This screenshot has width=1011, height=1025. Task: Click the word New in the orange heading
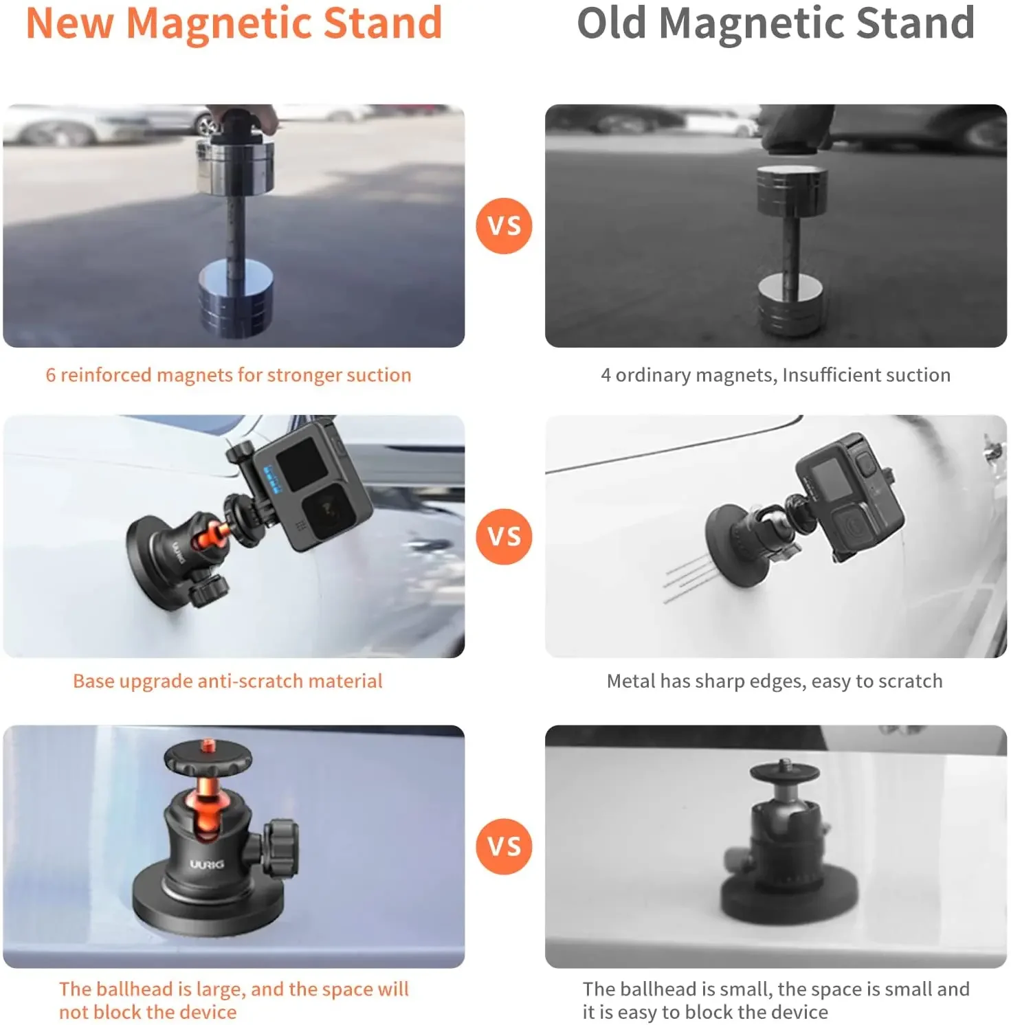point(69,23)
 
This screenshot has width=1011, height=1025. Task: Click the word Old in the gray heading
point(611,23)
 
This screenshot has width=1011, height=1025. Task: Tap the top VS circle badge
point(504,226)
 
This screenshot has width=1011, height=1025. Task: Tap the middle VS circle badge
point(504,537)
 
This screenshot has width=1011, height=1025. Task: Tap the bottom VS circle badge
point(504,846)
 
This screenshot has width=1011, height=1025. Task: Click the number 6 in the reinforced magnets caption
point(50,375)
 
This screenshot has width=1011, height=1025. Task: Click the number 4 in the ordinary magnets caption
point(606,375)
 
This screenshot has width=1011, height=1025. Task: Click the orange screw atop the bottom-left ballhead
point(207,744)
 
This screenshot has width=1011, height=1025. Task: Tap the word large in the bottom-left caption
point(220,989)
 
